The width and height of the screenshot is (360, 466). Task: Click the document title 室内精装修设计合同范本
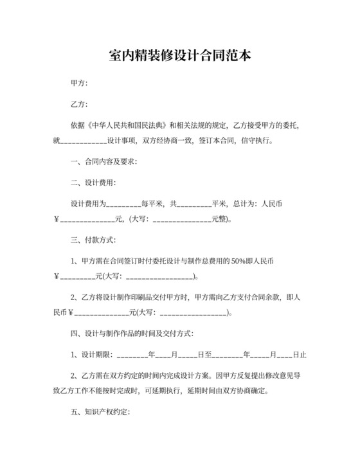pyautogui.click(x=179, y=55)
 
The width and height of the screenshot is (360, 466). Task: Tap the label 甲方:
pyautogui.click(x=79, y=83)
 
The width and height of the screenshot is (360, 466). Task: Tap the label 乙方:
pyautogui.click(x=79, y=104)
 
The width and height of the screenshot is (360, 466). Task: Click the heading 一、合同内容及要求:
pyautogui.click(x=103, y=161)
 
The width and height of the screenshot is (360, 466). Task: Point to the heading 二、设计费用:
pyautogui.click(x=94, y=183)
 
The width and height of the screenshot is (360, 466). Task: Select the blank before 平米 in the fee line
pyautogui.click(x=194, y=204)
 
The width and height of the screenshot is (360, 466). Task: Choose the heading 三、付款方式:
pyautogui.click(x=94, y=240)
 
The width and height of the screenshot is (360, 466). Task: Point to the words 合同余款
pyautogui.click(x=267, y=298)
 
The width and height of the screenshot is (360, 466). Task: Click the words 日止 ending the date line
pyautogui.click(x=299, y=354)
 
